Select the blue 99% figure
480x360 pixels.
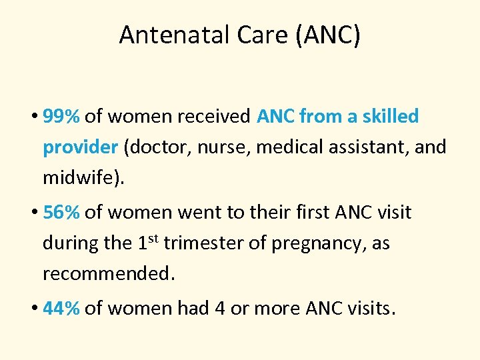tap(61, 117)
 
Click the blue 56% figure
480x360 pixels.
tap(61, 213)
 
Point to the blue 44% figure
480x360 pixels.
tap(61, 309)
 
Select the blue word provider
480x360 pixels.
tap(79, 147)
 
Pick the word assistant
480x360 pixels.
tap(362, 147)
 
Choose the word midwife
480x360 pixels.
tap(81, 177)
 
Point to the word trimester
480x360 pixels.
tap(205, 243)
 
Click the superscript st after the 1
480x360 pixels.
tap(152, 237)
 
